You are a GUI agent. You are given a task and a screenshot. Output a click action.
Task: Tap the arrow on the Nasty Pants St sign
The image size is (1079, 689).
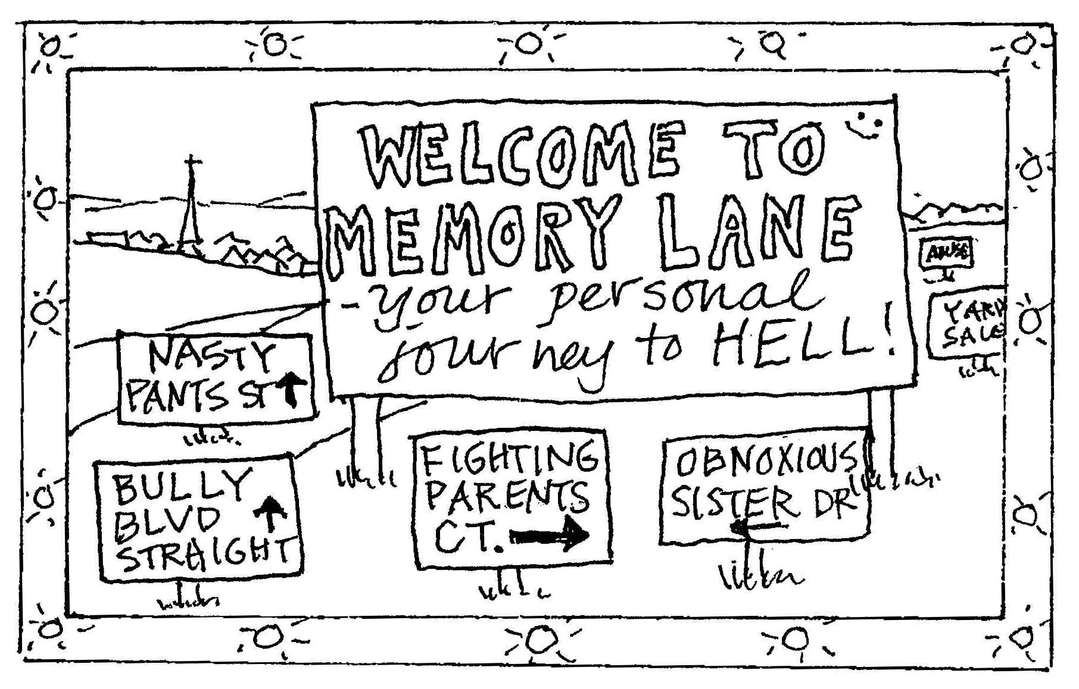tap(292, 387)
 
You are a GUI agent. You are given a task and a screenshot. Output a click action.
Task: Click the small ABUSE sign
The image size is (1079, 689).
tap(946, 254)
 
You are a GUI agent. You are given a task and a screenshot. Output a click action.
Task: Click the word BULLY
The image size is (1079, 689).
tap(179, 485)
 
